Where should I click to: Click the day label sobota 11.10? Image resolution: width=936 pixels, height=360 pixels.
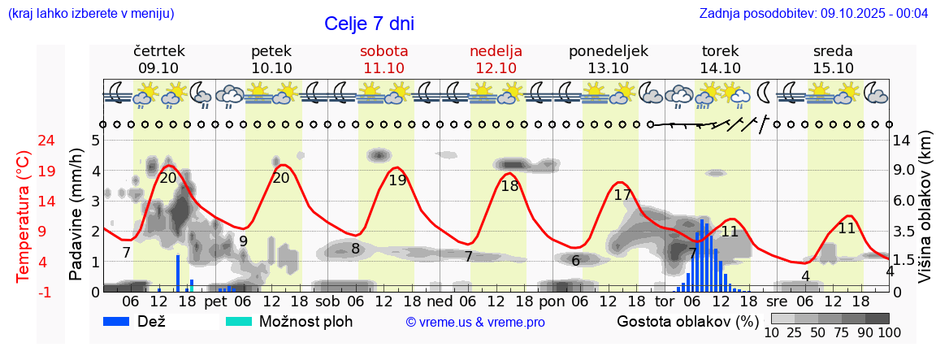pyautogui.click(x=383, y=59)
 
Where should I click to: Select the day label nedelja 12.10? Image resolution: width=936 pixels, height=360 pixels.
pyautogui.click(x=496, y=59)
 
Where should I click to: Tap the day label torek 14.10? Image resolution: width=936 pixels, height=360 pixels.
pyautogui.click(x=720, y=59)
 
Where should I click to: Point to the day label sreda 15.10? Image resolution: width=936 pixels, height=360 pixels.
pyautogui.click(x=833, y=59)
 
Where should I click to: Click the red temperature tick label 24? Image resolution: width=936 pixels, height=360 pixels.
pyautogui.click(x=24, y=140)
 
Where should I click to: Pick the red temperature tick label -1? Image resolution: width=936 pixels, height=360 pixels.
pyautogui.click(x=24, y=292)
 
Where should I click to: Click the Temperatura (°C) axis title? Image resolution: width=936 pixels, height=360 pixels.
pyautogui.click(x=24, y=215)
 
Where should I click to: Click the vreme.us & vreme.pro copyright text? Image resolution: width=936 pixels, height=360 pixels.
pyautogui.click(x=475, y=323)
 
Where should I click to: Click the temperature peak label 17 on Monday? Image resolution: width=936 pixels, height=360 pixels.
pyautogui.click(x=622, y=195)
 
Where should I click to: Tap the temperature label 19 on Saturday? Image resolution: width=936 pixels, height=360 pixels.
pyautogui.click(x=397, y=180)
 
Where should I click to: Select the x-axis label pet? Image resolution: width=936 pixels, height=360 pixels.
pyautogui.click(x=215, y=301)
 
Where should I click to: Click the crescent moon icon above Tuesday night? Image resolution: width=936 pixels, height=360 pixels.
pyautogui.click(x=764, y=94)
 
